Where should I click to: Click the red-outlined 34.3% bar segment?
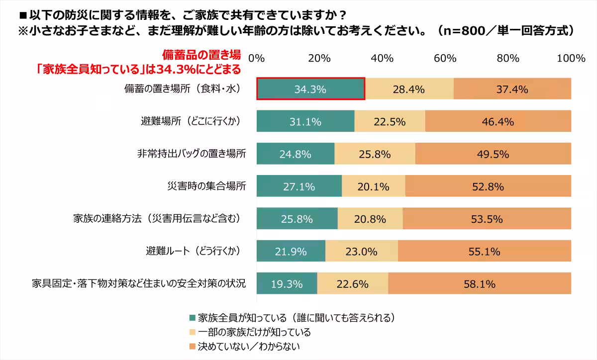click(x=310, y=90)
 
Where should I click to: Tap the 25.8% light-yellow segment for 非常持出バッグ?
click(x=375, y=154)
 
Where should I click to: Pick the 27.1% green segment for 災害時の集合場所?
click(x=299, y=187)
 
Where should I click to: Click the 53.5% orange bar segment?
click(x=487, y=219)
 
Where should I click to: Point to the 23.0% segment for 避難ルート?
click(x=362, y=252)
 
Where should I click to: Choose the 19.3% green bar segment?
click(x=287, y=284)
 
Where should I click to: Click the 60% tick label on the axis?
click(x=445, y=58)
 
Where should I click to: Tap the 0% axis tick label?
click(x=256, y=58)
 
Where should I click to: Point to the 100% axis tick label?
click(x=571, y=58)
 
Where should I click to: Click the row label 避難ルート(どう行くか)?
click(x=189, y=252)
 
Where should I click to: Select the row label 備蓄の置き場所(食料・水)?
click(x=183, y=90)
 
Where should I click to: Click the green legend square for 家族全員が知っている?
click(x=193, y=317)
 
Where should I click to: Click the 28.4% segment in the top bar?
click(x=409, y=90)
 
